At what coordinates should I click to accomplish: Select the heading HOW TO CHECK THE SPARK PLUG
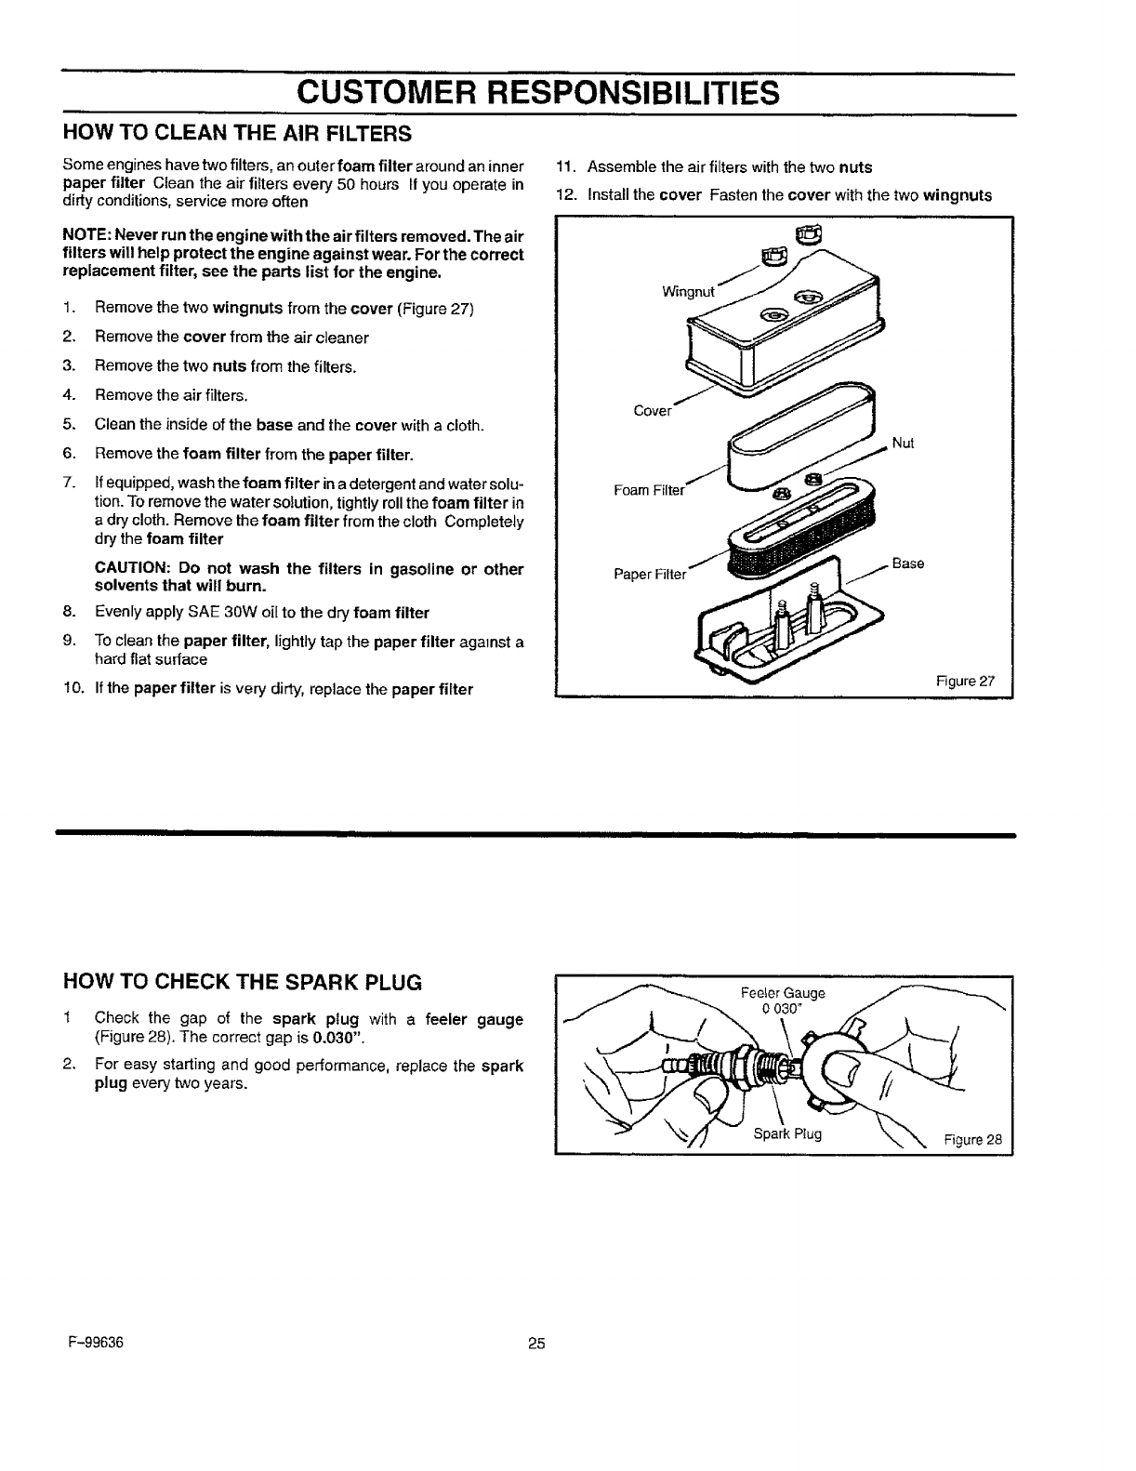click(x=242, y=982)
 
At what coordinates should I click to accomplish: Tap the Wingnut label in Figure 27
click(x=688, y=292)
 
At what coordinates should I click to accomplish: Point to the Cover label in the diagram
click(x=652, y=411)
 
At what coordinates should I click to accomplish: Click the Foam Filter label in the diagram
click(x=649, y=489)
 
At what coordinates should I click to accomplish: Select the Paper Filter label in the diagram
click(x=650, y=574)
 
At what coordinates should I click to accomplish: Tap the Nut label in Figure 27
click(x=903, y=444)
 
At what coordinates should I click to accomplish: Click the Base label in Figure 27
click(x=907, y=563)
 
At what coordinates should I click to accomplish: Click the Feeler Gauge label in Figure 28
click(x=783, y=993)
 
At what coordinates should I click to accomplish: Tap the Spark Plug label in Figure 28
click(x=787, y=1133)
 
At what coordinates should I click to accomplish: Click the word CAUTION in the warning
click(x=133, y=569)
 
